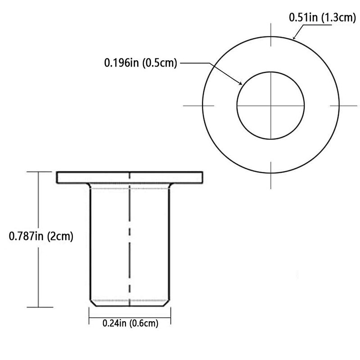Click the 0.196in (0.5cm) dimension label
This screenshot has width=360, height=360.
[x=140, y=63]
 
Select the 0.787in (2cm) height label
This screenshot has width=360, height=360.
[x=41, y=236]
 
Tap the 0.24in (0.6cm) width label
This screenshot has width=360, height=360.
[x=130, y=323]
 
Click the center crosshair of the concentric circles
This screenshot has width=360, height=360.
[x=271, y=105]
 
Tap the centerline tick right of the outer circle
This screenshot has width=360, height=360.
[x=340, y=105]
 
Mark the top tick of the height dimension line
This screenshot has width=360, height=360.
[x=38, y=171]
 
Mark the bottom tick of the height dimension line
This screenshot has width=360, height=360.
[x=38, y=307]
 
